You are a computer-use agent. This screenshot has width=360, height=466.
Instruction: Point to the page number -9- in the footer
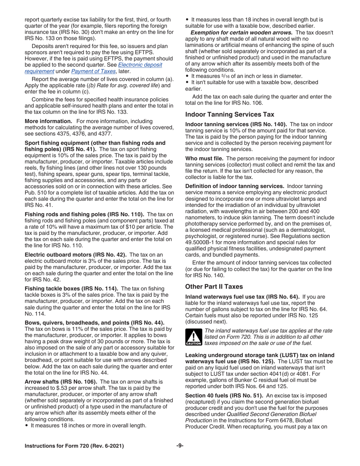[x=180, y=446]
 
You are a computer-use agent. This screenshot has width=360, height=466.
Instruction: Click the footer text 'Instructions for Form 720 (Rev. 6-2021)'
[x=74, y=446]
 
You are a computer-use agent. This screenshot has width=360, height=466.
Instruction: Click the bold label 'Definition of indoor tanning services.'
[x=235, y=186]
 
